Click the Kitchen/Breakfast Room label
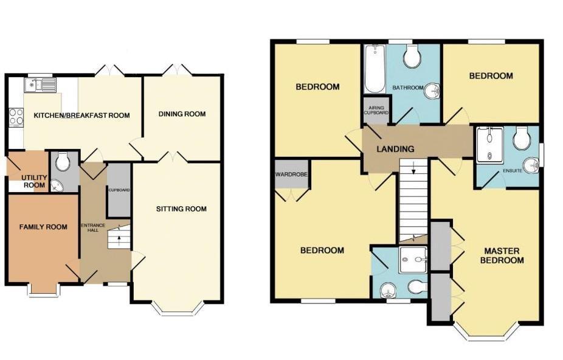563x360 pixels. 81,116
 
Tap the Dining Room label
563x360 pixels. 182,114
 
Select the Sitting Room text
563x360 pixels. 181,209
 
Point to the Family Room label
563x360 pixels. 43,227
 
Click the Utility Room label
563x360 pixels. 34,181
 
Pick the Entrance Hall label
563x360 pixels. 92,227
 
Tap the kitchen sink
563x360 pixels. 40,85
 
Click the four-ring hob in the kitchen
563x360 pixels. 16,117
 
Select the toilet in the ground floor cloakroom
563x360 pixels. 63,162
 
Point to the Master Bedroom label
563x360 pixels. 502,255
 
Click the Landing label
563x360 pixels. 395,149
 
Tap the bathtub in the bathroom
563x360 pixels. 375,69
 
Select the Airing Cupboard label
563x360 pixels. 376,110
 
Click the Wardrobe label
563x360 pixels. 291,175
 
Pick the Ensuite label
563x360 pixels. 513,171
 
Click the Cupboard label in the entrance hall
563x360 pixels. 119,190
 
